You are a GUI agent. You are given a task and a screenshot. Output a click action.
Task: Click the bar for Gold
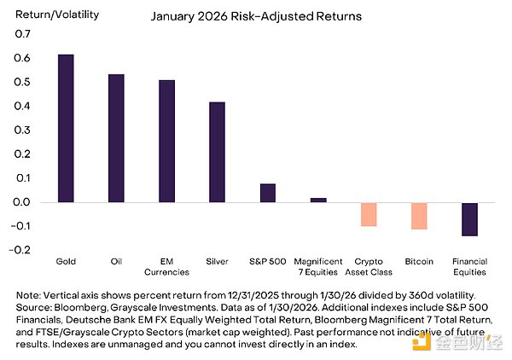66,128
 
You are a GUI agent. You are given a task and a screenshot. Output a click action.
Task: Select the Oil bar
116,138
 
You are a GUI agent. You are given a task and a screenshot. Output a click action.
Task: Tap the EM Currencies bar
166,141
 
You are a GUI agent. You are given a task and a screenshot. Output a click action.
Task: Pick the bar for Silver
217,152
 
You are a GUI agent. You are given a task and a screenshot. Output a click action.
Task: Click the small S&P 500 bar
268,193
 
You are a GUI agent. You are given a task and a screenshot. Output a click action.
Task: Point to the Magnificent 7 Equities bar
318,200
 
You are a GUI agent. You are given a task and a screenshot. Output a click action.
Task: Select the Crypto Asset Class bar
369,214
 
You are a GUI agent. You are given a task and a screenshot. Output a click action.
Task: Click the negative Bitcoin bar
419,216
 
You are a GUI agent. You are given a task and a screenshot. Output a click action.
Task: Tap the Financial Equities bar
469,219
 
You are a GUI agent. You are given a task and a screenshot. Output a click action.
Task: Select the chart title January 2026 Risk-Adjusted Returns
255,15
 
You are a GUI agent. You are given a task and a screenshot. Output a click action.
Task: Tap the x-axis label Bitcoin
419,259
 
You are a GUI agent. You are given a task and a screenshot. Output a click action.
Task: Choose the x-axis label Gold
66,259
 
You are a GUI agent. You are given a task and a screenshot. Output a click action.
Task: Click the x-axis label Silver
217,259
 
